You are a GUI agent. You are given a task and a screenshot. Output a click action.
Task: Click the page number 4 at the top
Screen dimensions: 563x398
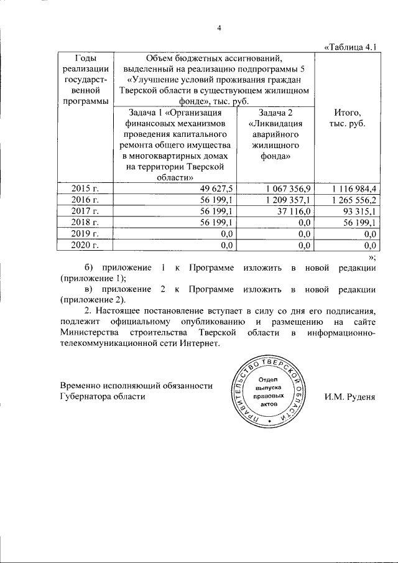point(219,27)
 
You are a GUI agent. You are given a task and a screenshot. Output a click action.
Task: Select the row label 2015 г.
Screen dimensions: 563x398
point(86,188)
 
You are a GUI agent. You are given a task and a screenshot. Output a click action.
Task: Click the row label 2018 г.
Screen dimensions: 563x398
point(86,222)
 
